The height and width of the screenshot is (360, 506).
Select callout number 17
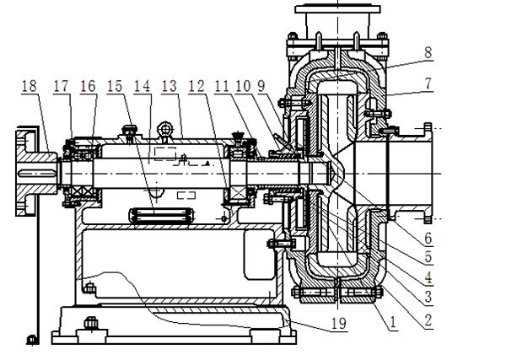[62, 86]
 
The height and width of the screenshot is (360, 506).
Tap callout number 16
[88, 86]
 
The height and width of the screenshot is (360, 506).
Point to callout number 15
[115, 86]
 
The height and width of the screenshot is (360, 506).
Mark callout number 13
[170, 86]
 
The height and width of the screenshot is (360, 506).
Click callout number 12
[196, 86]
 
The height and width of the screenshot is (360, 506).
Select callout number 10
[244, 86]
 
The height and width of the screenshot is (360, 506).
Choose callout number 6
[428, 239]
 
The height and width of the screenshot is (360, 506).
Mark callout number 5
[428, 256]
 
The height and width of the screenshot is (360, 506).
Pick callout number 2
[428, 320]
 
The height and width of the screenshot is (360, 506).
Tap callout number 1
[390, 321]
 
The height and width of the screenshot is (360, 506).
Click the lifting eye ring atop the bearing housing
[168, 128]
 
